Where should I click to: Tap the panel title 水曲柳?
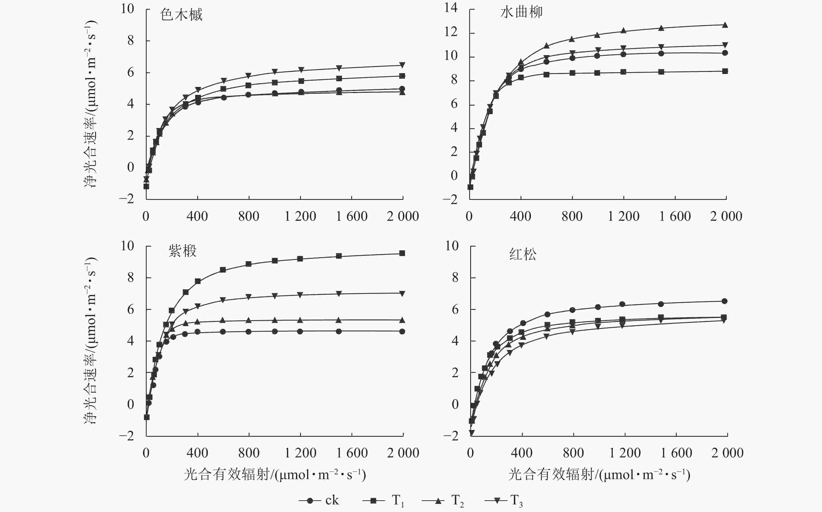pos(521,13)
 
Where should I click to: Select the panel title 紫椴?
pos(182,251)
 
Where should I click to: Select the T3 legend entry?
pos(504,501)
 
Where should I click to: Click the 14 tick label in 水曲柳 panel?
pos(451,8)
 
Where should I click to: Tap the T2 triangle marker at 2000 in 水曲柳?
pos(725,25)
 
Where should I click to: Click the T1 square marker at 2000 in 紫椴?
pos(402,253)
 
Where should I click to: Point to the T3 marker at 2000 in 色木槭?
pos(402,65)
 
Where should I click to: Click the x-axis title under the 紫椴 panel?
pos(275,475)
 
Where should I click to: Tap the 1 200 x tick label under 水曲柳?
pos(623,216)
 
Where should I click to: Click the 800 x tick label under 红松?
pos(573,453)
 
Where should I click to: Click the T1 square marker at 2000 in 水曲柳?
pos(725,71)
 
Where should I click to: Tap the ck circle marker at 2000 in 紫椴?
pos(402,331)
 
